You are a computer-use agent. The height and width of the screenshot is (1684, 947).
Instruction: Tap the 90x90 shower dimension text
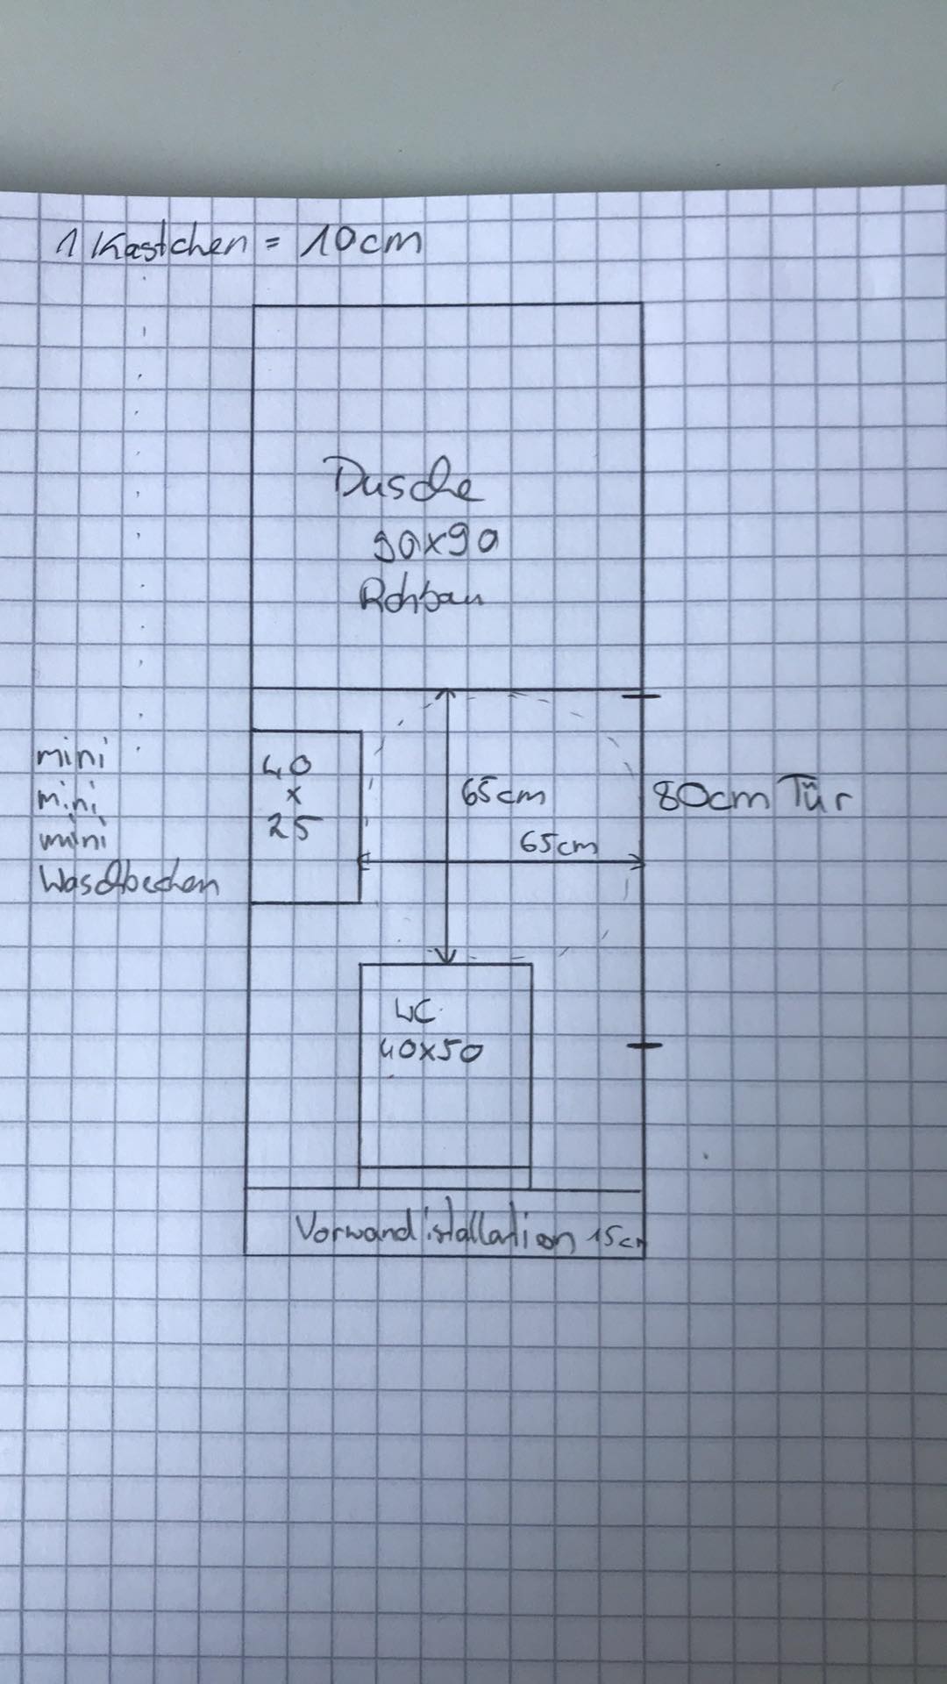(x=436, y=545)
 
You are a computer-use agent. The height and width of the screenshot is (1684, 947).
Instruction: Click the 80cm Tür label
(x=751, y=798)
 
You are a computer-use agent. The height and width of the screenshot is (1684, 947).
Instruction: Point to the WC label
(x=416, y=1015)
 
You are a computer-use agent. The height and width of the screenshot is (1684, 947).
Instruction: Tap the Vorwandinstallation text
(x=437, y=1234)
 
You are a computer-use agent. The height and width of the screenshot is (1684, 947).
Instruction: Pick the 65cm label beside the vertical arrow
(x=502, y=796)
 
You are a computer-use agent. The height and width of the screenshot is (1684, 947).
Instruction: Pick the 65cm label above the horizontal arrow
(x=559, y=845)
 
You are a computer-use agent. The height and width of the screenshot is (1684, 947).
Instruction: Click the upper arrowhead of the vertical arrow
(x=447, y=696)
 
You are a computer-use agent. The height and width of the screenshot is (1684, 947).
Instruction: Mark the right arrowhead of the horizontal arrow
(x=638, y=863)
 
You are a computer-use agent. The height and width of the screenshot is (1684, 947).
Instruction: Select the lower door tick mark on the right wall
(x=644, y=1045)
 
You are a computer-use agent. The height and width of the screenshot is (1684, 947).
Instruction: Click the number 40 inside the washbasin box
(x=287, y=767)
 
